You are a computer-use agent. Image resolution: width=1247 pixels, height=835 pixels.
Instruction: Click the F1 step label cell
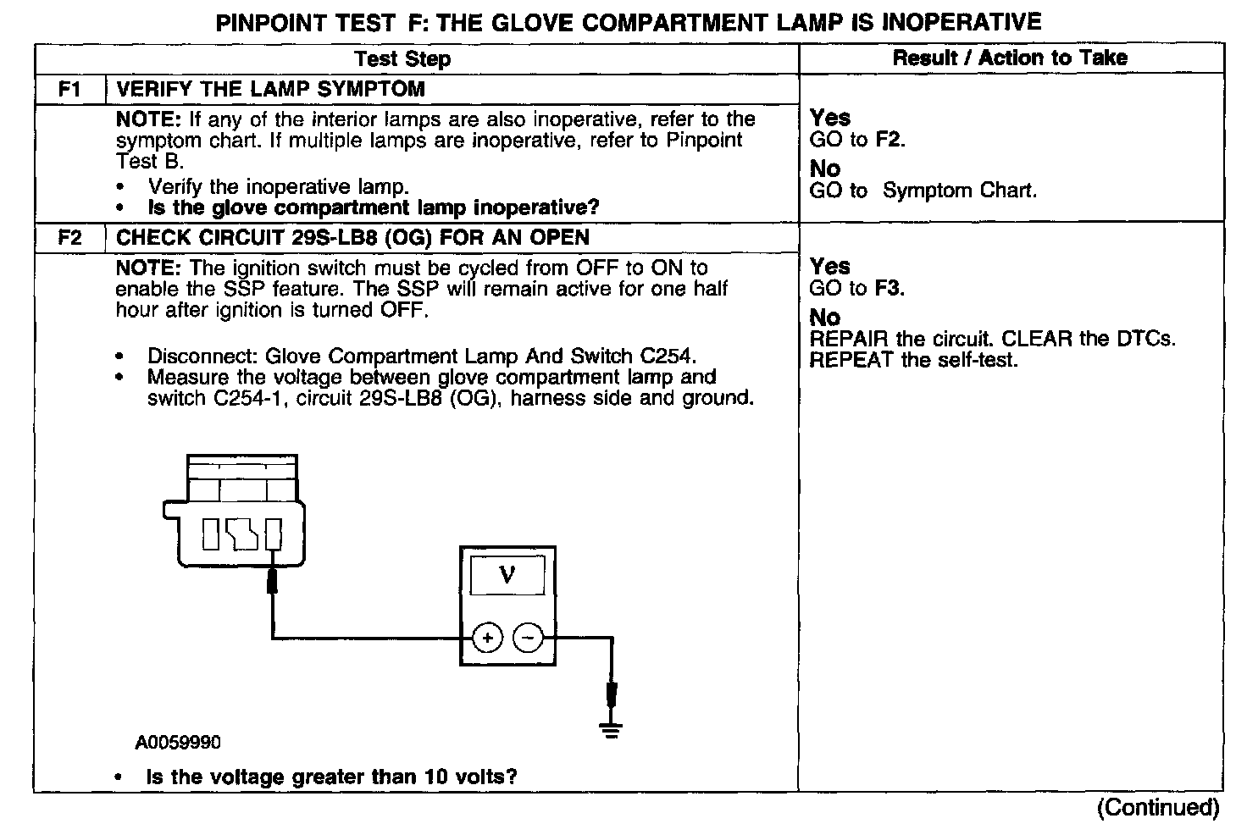69,89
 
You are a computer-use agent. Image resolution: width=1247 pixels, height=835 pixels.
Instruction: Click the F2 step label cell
69,237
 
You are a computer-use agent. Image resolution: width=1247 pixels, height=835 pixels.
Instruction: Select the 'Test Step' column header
402,58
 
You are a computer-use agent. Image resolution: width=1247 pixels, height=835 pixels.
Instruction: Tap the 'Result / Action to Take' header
1010,58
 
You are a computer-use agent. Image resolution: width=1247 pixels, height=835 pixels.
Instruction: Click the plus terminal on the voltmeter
487,638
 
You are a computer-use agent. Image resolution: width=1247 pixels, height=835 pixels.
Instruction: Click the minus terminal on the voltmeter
529,638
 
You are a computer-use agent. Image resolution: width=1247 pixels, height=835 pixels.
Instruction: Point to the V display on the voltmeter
507,576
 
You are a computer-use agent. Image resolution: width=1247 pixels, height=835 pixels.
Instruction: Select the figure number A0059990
178,743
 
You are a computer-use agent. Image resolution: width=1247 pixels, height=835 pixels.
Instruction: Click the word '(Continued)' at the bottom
1157,807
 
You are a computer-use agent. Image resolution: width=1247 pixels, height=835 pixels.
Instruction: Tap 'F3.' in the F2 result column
890,288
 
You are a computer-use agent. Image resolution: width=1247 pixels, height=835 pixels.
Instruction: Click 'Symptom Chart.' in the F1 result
959,191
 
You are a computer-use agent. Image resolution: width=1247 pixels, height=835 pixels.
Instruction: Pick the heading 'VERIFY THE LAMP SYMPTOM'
270,89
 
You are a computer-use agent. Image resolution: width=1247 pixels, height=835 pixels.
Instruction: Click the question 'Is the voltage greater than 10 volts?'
331,777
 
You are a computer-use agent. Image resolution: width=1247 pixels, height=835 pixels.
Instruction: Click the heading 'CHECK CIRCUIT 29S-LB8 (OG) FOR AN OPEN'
352,237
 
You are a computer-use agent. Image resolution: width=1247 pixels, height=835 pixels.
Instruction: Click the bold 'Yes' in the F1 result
829,118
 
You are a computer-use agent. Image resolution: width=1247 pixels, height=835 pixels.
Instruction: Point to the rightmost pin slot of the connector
273,534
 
